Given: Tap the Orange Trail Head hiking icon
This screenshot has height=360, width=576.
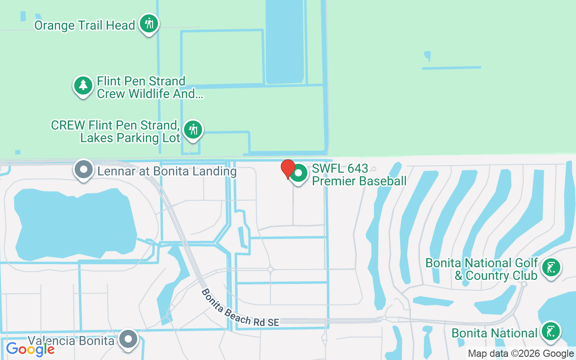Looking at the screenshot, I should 148,24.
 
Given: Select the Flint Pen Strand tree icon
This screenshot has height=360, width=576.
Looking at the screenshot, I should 83,85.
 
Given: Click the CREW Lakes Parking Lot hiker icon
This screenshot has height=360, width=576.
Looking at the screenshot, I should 193,130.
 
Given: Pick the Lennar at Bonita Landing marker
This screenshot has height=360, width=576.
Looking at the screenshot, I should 83,170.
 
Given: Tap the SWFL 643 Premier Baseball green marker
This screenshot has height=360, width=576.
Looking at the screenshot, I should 298,174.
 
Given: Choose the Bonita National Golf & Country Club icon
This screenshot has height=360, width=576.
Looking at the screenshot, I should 551,268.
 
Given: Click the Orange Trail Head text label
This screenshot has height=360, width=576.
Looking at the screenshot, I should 85,25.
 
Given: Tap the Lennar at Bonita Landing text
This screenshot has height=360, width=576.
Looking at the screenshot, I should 167,171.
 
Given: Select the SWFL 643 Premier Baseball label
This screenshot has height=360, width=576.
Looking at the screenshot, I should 359,175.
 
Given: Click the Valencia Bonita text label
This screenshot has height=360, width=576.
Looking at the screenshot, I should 71,341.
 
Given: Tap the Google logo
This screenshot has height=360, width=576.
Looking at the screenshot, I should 30,349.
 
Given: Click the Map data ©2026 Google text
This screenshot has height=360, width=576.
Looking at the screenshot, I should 521,354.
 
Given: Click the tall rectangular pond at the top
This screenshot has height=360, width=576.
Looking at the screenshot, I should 284,40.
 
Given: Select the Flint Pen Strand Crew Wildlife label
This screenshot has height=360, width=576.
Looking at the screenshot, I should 149,87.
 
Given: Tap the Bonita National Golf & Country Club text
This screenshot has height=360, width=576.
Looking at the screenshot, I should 482,269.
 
